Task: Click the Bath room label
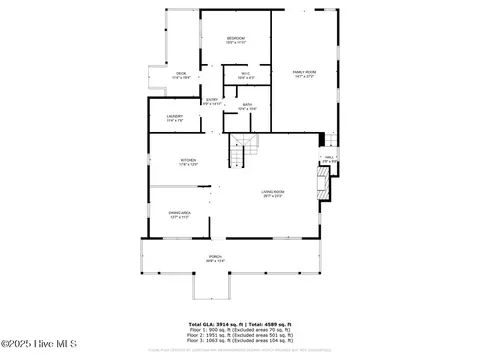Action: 246,105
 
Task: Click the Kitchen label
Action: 188,162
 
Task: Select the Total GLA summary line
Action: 239,325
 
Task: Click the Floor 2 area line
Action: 239,337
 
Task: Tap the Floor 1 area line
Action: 239,331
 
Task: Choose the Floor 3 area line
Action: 239,343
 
